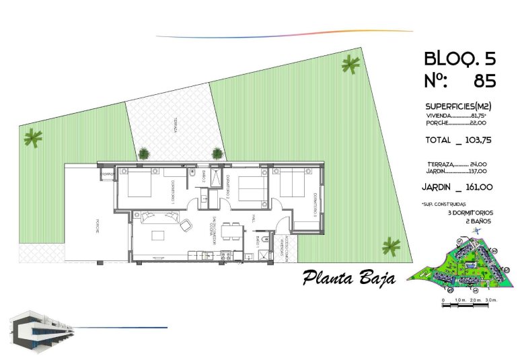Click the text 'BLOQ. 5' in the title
tap(459, 59)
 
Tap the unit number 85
tap(484, 81)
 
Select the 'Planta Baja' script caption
tap(348, 277)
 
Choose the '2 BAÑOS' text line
tap(478, 221)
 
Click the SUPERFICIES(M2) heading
tap(458, 106)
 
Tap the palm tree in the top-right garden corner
tap(350, 65)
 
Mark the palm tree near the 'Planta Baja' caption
tap(390, 247)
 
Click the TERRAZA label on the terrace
tap(172, 125)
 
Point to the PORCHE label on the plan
tap(96, 226)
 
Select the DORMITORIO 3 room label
tap(314, 205)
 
